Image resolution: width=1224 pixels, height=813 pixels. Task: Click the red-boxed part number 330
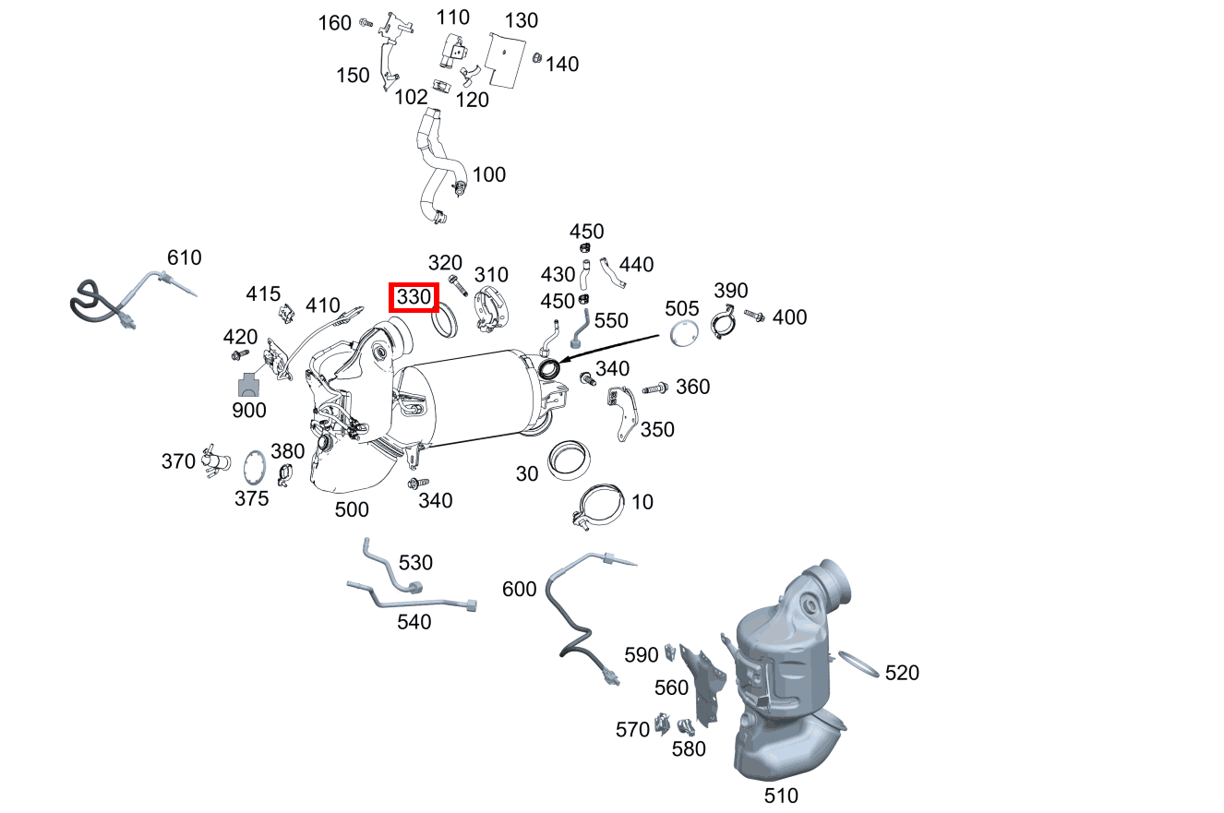[x=414, y=297]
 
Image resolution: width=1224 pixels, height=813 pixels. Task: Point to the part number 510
[x=781, y=795]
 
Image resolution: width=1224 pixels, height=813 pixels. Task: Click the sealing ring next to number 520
[x=858, y=664]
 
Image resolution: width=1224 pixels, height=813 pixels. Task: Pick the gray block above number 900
[x=248, y=385]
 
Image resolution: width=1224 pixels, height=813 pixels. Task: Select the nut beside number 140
[x=537, y=57]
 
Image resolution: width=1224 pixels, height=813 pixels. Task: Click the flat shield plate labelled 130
[x=505, y=60]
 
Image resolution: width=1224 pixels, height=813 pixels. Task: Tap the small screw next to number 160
[x=366, y=23]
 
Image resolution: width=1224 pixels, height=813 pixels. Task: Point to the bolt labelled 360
[x=654, y=389]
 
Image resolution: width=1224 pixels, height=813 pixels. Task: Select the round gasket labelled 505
[x=684, y=333]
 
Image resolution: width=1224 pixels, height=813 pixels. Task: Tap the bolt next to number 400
[x=754, y=316]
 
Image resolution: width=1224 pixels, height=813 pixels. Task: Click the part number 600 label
[x=519, y=589]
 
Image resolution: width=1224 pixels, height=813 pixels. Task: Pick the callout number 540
[x=414, y=622]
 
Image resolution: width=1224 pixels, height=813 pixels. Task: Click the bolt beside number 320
[x=458, y=286]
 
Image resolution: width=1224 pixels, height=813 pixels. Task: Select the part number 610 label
[x=184, y=257]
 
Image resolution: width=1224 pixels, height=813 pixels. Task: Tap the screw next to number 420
[x=240, y=355]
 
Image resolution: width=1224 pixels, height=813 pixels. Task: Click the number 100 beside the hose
[x=489, y=174]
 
